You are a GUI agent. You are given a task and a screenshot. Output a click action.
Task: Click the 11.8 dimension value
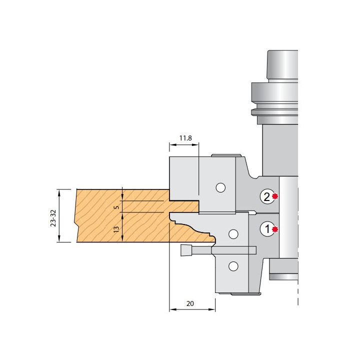pyautogui.click(x=185, y=138)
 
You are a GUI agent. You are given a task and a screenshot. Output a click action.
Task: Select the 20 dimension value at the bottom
pyautogui.click(x=190, y=304)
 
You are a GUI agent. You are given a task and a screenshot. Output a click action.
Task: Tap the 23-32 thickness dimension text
pyautogui.click(x=53, y=217)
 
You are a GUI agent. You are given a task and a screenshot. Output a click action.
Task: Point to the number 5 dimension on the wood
pyautogui.click(x=117, y=207)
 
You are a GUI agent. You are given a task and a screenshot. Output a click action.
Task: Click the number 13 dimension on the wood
pyautogui.click(x=116, y=229)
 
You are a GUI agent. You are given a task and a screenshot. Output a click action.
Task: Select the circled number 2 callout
pyautogui.click(x=267, y=196)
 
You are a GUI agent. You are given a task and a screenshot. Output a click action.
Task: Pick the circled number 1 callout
pyautogui.click(x=267, y=229)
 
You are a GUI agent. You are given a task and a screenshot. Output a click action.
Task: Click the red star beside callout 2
pyautogui.click(x=275, y=196)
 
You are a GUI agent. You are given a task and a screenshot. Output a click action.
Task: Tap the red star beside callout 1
pyautogui.click(x=275, y=229)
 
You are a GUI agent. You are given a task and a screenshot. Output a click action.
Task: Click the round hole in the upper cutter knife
pyautogui.click(x=220, y=187)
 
